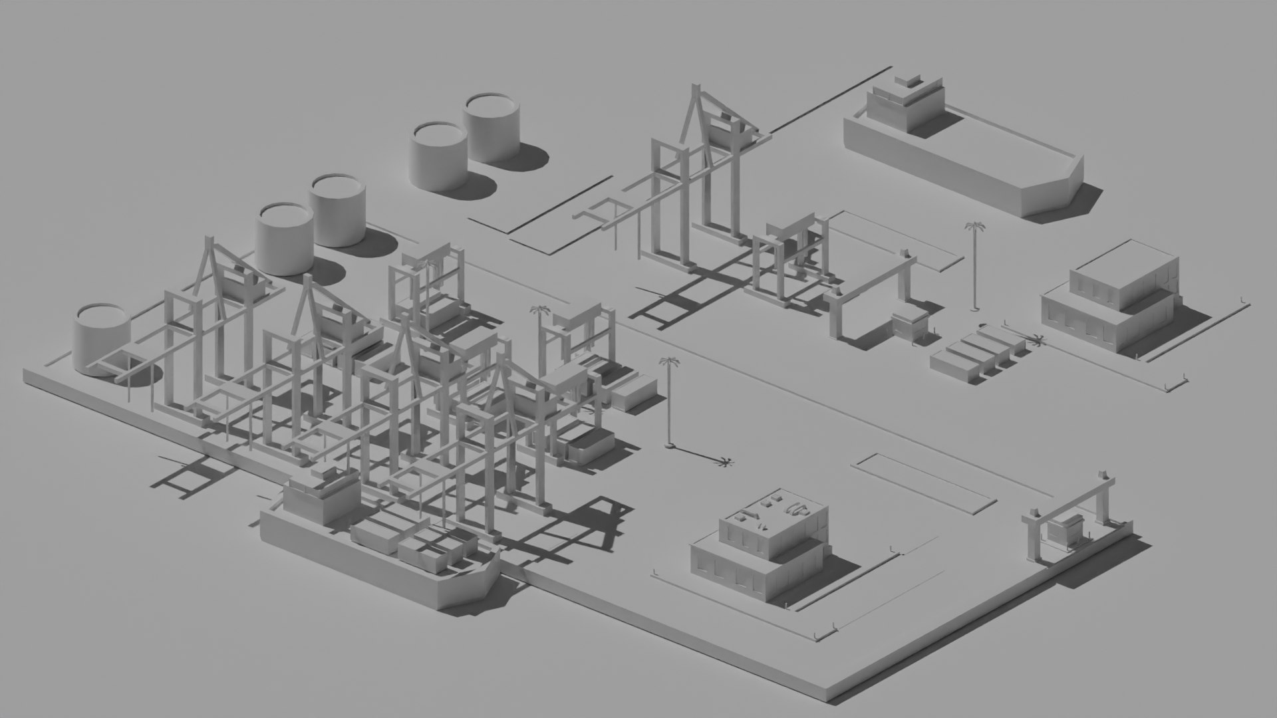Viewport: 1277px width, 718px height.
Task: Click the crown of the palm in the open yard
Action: [669, 363]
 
